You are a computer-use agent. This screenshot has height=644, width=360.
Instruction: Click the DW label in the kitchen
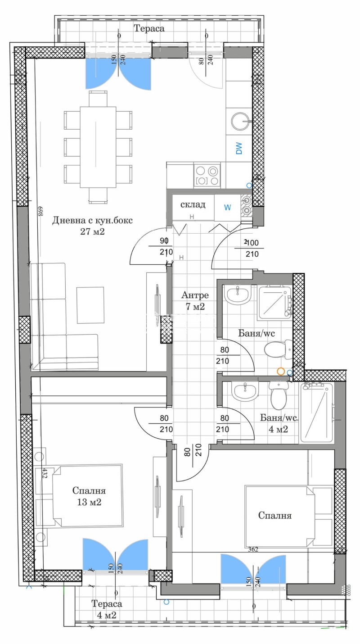[x=238, y=149]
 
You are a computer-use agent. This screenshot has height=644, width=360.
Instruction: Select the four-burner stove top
[x=207, y=176]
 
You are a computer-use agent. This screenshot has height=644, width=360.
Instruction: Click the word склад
[x=193, y=205]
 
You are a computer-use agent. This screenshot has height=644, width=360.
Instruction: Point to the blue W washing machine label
[x=228, y=208]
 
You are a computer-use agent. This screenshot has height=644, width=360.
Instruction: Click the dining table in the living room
[x=99, y=146]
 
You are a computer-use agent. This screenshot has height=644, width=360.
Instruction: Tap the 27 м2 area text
[x=94, y=232]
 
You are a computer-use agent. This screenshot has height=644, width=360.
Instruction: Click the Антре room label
[x=195, y=295]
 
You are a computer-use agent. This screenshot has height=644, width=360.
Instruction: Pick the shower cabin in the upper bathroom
[x=274, y=300]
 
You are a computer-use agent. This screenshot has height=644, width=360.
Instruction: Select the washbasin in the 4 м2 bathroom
[x=245, y=392]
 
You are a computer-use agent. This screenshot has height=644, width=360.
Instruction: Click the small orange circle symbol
[x=281, y=372]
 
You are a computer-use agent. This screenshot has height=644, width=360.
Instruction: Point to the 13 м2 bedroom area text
[x=88, y=502]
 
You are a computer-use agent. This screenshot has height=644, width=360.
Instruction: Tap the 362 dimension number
[x=256, y=549]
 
